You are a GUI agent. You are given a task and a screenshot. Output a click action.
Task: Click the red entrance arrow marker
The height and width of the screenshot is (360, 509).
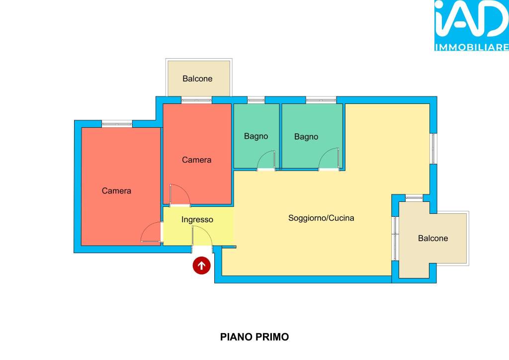click(x=202, y=266)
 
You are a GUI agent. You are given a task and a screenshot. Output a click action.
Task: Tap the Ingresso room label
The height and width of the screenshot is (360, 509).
click(x=197, y=220)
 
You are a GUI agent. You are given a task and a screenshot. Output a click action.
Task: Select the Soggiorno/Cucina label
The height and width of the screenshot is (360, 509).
click(x=321, y=218)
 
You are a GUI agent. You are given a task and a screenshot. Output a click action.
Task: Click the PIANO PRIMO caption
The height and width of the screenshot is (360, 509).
click(x=254, y=337)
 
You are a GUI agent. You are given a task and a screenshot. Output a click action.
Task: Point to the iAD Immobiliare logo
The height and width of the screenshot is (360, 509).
click(x=472, y=25)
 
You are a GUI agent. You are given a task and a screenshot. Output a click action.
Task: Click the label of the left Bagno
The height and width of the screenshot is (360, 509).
click(x=256, y=136)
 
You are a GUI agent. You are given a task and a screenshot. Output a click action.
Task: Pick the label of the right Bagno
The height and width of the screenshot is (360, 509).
click(x=306, y=137)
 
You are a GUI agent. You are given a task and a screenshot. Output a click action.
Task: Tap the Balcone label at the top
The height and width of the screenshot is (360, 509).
click(x=197, y=79)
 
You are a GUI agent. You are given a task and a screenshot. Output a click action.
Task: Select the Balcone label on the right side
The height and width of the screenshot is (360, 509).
click(x=433, y=238)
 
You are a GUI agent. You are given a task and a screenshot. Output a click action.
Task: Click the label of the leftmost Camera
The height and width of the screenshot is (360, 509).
click(x=116, y=190)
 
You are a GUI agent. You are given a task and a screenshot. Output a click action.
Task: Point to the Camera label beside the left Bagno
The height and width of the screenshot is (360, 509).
click(x=197, y=160)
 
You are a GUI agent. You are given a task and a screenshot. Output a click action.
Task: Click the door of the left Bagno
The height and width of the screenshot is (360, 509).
click(x=266, y=161)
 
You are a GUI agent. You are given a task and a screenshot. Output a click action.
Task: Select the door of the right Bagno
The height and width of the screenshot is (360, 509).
click(x=329, y=159)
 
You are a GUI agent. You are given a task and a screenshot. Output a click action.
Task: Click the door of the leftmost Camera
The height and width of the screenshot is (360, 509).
click(x=151, y=232)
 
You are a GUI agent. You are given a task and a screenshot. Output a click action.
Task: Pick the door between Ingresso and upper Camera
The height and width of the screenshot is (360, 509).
click(x=180, y=195)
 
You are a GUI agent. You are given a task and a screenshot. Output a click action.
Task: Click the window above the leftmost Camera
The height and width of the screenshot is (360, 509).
click(x=117, y=124)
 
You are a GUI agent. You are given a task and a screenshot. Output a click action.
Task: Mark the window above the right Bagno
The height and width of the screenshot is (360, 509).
click(x=321, y=100)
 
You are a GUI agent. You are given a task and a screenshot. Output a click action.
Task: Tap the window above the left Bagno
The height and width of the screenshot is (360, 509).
click(x=256, y=100)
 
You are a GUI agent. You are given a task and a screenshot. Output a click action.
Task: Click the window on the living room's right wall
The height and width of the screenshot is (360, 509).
click(x=433, y=148)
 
